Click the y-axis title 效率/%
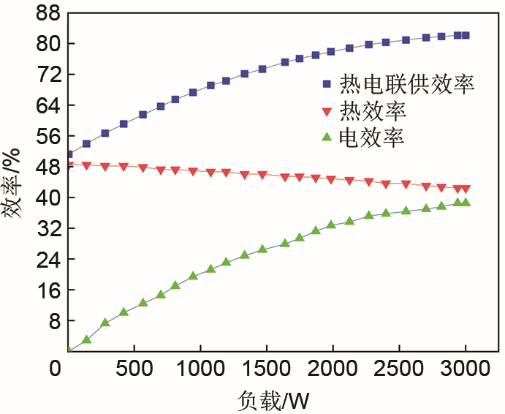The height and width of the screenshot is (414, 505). tap(16, 192)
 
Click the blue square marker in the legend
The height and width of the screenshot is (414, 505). tap(327, 85)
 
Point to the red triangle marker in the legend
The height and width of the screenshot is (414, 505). tap(327, 112)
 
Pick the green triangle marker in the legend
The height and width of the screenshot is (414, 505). tap(327, 137)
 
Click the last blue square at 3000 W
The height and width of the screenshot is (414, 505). tap(466, 35)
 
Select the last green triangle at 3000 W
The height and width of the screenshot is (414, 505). tap(466, 203)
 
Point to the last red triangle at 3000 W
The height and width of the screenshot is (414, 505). tap(466, 189)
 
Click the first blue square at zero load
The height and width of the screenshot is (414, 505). tap(69, 154)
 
